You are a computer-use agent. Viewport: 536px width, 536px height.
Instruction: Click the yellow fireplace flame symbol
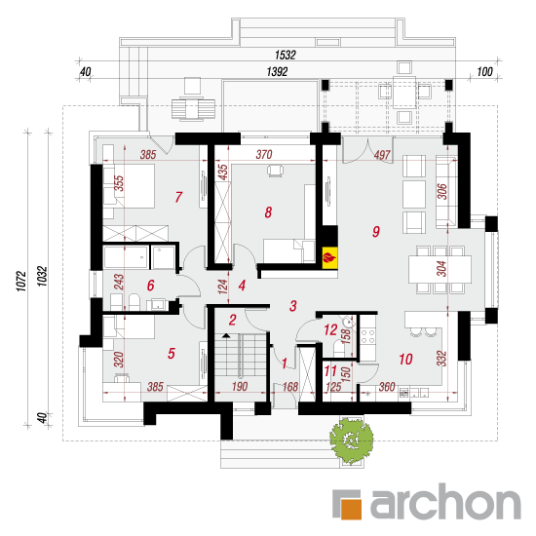pyautogui.click(x=329, y=257)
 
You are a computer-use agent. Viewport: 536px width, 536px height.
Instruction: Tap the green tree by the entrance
pyautogui.click(x=351, y=440)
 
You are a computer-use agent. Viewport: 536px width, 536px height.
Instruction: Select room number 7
pyautogui.click(x=178, y=197)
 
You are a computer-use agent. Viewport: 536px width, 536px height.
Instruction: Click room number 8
pyautogui.click(x=268, y=212)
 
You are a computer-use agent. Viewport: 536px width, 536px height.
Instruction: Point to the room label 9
pyautogui.click(x=376, y=232)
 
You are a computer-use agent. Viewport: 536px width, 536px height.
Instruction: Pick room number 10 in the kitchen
pyautogui.click(x=405, y=359)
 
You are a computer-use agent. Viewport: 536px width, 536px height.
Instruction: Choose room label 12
pyautogui.click(x=330, y=329)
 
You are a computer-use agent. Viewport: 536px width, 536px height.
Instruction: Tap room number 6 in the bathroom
pyautogui.click(x=150, y=286)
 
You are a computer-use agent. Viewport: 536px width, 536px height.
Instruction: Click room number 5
pyautogui.click(x=172, y=353)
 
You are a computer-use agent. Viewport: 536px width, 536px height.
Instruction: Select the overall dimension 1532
pyautogui.click(x=286, y=55)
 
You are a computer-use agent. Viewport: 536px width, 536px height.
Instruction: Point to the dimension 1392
pyautogui.click(x=277, y=72)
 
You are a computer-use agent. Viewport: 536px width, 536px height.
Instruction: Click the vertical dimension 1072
pyautogui.click(x=21, y=281)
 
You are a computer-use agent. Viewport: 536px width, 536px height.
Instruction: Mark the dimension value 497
pyautogui.click(x=382, y=155)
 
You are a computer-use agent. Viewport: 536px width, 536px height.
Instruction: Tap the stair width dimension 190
pyautogui.click(x=240, y=387)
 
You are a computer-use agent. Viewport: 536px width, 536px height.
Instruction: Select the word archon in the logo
pyautogui.click(x=445, y=502)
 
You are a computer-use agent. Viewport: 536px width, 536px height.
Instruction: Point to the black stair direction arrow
pyautogui.click(x=226, y=335)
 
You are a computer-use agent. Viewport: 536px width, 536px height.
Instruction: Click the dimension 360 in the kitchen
pyautogui.click(x=387, y=387)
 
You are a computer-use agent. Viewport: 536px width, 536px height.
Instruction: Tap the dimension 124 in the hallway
pyautogui.click(x=222, y=287)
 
